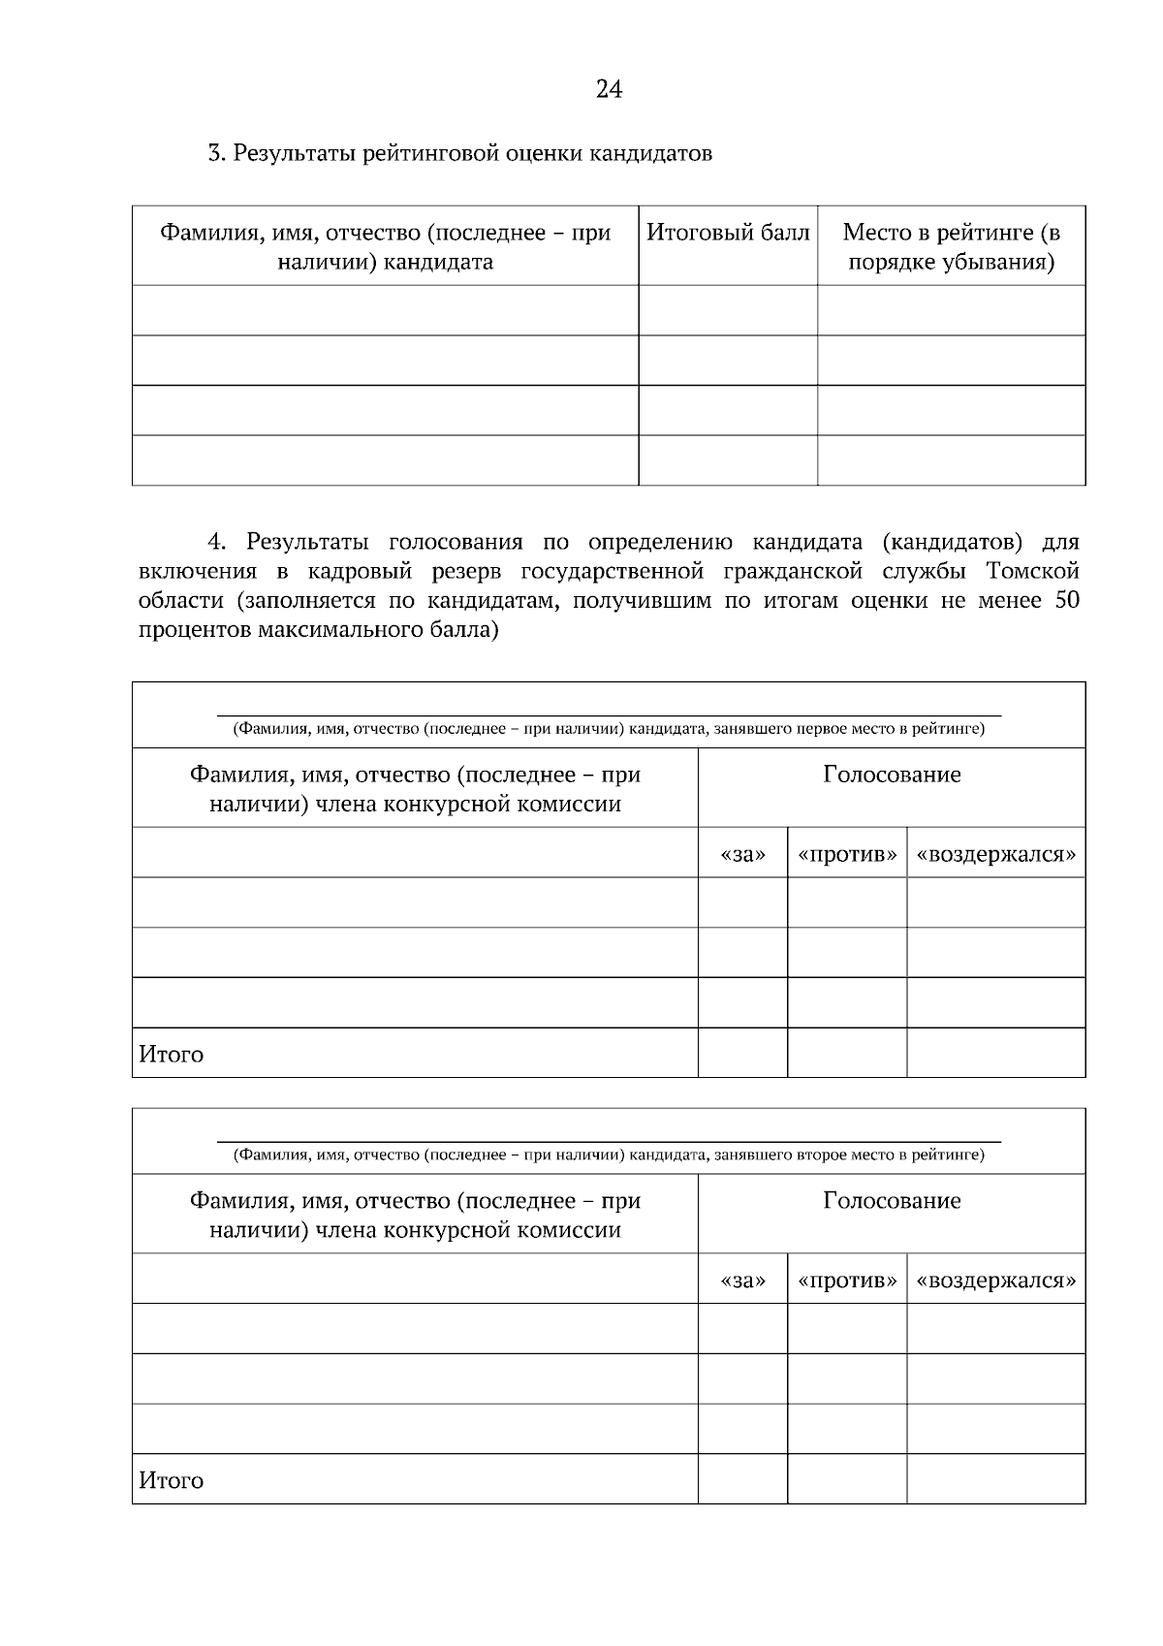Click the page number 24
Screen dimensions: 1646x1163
pos(609,90)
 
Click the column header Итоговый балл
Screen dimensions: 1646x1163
pos(727,233)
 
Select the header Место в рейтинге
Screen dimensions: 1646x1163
pos(951,247)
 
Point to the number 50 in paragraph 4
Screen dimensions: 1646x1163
pos(1065,600)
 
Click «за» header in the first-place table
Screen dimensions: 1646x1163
pos(742,855)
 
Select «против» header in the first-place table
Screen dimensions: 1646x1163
pos(847,855)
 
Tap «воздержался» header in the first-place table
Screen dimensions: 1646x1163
pos(995,855)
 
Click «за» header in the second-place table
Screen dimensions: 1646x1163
pos(742,1281)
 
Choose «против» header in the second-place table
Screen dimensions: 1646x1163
pos(847,1281)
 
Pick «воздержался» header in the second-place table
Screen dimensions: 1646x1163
pos(995,1281)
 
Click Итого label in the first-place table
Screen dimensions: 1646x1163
pos(172,1054)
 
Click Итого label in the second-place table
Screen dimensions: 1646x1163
pos(172,1480)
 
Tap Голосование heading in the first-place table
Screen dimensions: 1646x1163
pos(892,775)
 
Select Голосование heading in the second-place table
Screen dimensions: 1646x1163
pos(892,1200)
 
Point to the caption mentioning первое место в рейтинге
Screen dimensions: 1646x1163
pos(609,729)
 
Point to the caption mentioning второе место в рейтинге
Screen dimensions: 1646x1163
pos(609,1155)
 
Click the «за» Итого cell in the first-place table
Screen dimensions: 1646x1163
pos(742,1053)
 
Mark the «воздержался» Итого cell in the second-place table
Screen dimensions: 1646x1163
pos(995,1478)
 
